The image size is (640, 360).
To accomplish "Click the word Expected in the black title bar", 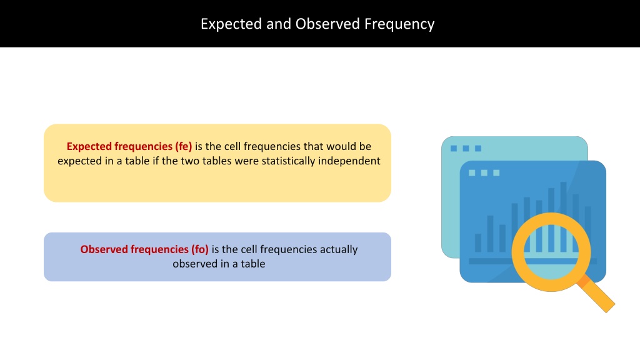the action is pos(231,24).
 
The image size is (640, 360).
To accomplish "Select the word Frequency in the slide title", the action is pos(399,24).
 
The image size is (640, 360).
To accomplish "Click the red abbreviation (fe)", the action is pos(184,146).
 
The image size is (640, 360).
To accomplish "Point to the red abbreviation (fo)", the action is pos(200,249).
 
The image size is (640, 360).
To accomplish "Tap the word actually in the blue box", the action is pos(338,249).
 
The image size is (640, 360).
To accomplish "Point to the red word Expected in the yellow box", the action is pos(89,146).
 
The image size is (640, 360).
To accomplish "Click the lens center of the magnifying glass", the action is pos(551,252).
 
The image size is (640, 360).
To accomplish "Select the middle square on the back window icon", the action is pos(466,148).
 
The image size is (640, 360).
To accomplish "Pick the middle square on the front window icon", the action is pos(484,172).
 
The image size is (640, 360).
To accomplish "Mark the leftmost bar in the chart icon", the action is pos(478,242).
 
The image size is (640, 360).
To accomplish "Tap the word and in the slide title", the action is pos(279,24).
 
